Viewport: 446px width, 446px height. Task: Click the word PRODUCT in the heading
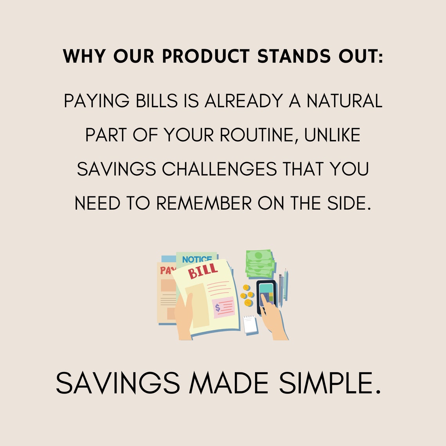205,57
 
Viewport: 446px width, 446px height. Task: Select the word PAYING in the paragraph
96,101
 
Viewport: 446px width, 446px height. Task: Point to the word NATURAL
344,101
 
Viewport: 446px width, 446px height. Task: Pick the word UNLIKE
332,135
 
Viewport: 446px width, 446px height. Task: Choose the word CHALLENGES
219,169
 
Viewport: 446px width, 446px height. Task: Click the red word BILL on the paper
203,271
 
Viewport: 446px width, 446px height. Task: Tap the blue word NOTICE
197,259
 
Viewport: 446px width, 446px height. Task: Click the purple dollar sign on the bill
218,308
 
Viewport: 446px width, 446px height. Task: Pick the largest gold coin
248,303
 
